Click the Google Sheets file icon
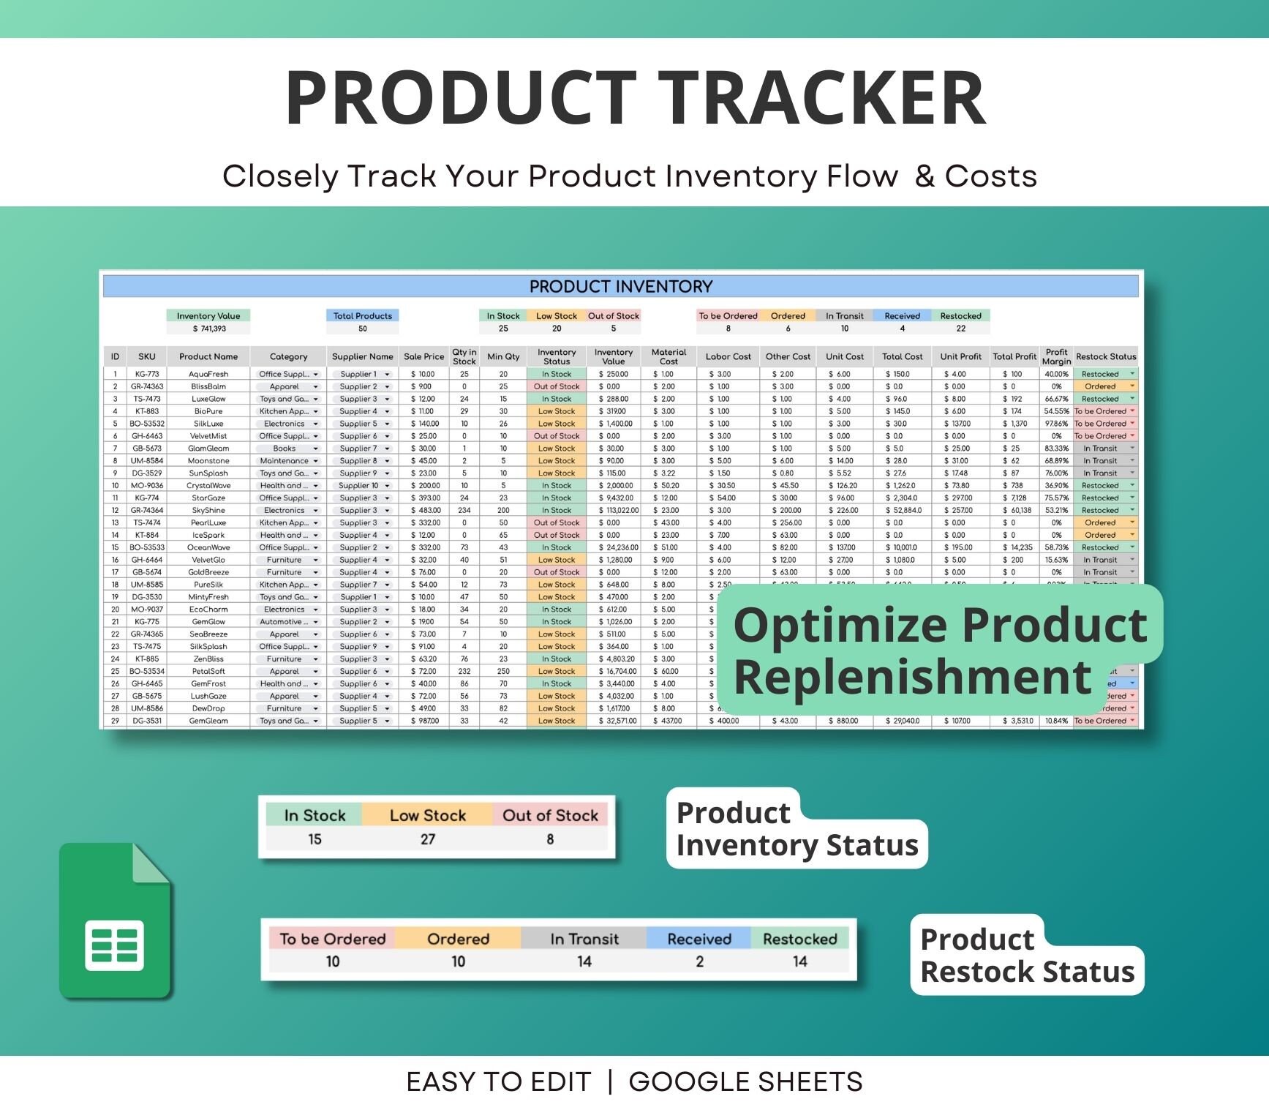point(115,922)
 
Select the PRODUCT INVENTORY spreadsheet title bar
point(620,286)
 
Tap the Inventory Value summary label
point(208,316)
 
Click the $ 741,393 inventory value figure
point(209,329)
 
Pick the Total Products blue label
point(362,316)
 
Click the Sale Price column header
point(423,357)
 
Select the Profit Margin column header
point(1056,357)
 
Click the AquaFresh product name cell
point(208,374)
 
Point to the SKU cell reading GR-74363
point(147,386)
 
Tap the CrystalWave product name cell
point(208,486)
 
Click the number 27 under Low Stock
point(428,839)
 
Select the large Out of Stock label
point(550,815)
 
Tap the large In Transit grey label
point(584,939)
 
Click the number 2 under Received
point(699,961)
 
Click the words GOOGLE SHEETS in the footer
point(745,1081)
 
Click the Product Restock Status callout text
point(1026,956)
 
